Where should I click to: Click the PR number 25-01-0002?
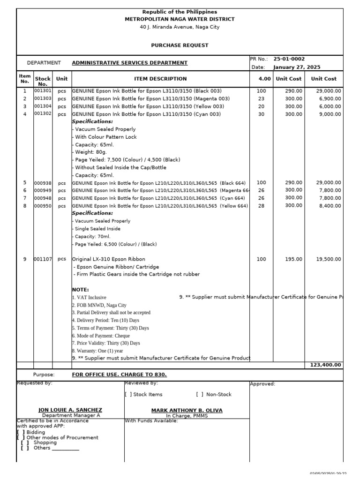(x=289, y=59)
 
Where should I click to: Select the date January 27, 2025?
(x=297, y=67)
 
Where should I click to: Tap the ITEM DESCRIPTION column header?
(x=160, y=79)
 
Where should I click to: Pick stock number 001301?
(x=43, y=90)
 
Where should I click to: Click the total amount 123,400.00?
(x=325, y=365)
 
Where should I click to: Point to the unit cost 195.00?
(x=294, y=259)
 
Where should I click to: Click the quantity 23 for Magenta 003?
(x=261, y=98)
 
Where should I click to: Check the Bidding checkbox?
(x=21, y=432)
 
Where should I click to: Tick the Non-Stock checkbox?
(x=199, y=395)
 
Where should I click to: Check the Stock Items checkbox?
(x=128, y=395)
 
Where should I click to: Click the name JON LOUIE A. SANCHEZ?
(x=70, y=410)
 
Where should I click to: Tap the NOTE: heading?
(x=80, y=290)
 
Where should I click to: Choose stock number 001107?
(x=43, y=259)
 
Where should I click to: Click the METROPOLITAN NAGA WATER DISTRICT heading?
(x=180, y=19)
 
